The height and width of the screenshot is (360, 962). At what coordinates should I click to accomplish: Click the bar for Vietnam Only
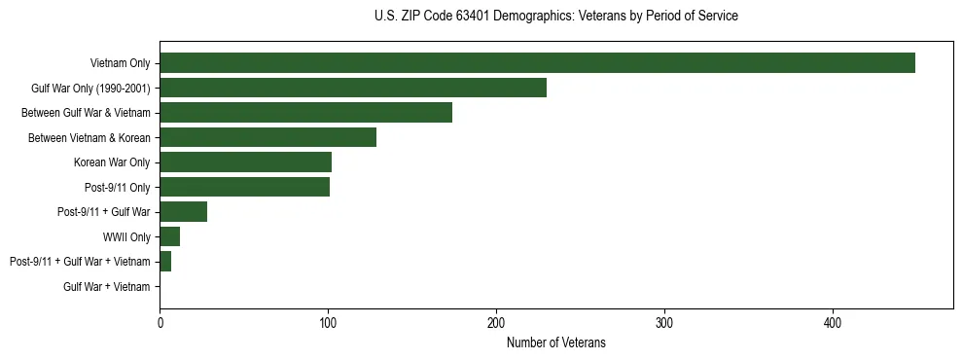click(537, 63)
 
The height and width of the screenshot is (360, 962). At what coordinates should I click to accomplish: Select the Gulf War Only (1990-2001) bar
click(353, 88)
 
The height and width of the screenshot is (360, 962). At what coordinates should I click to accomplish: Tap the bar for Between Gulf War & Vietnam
click(305, 113)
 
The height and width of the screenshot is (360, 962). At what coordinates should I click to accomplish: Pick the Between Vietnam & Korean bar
click(267, 137)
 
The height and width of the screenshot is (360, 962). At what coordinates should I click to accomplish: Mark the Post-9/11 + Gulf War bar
click(183, 212)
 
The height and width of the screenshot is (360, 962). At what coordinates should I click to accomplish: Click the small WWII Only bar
click(169, 236)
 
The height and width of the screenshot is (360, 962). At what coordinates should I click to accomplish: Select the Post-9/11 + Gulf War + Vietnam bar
click(165, 262)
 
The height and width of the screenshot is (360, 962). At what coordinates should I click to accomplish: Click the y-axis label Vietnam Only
click(120, 63)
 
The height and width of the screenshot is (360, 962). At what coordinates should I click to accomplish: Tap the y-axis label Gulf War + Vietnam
click(106, 287)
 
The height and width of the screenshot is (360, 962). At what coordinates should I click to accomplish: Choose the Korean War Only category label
click(112, 162)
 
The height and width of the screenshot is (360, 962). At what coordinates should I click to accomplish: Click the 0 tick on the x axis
click(160, 322)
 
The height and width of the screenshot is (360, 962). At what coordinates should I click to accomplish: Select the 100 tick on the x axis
click(328, 322)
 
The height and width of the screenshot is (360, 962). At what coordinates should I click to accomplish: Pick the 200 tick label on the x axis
click(496, 322)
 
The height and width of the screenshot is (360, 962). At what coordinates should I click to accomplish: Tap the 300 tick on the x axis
click(664, 322)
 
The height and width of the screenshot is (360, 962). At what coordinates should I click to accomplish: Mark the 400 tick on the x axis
click(833, 322)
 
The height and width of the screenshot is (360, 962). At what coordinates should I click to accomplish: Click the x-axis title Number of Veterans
click(555, 342)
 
